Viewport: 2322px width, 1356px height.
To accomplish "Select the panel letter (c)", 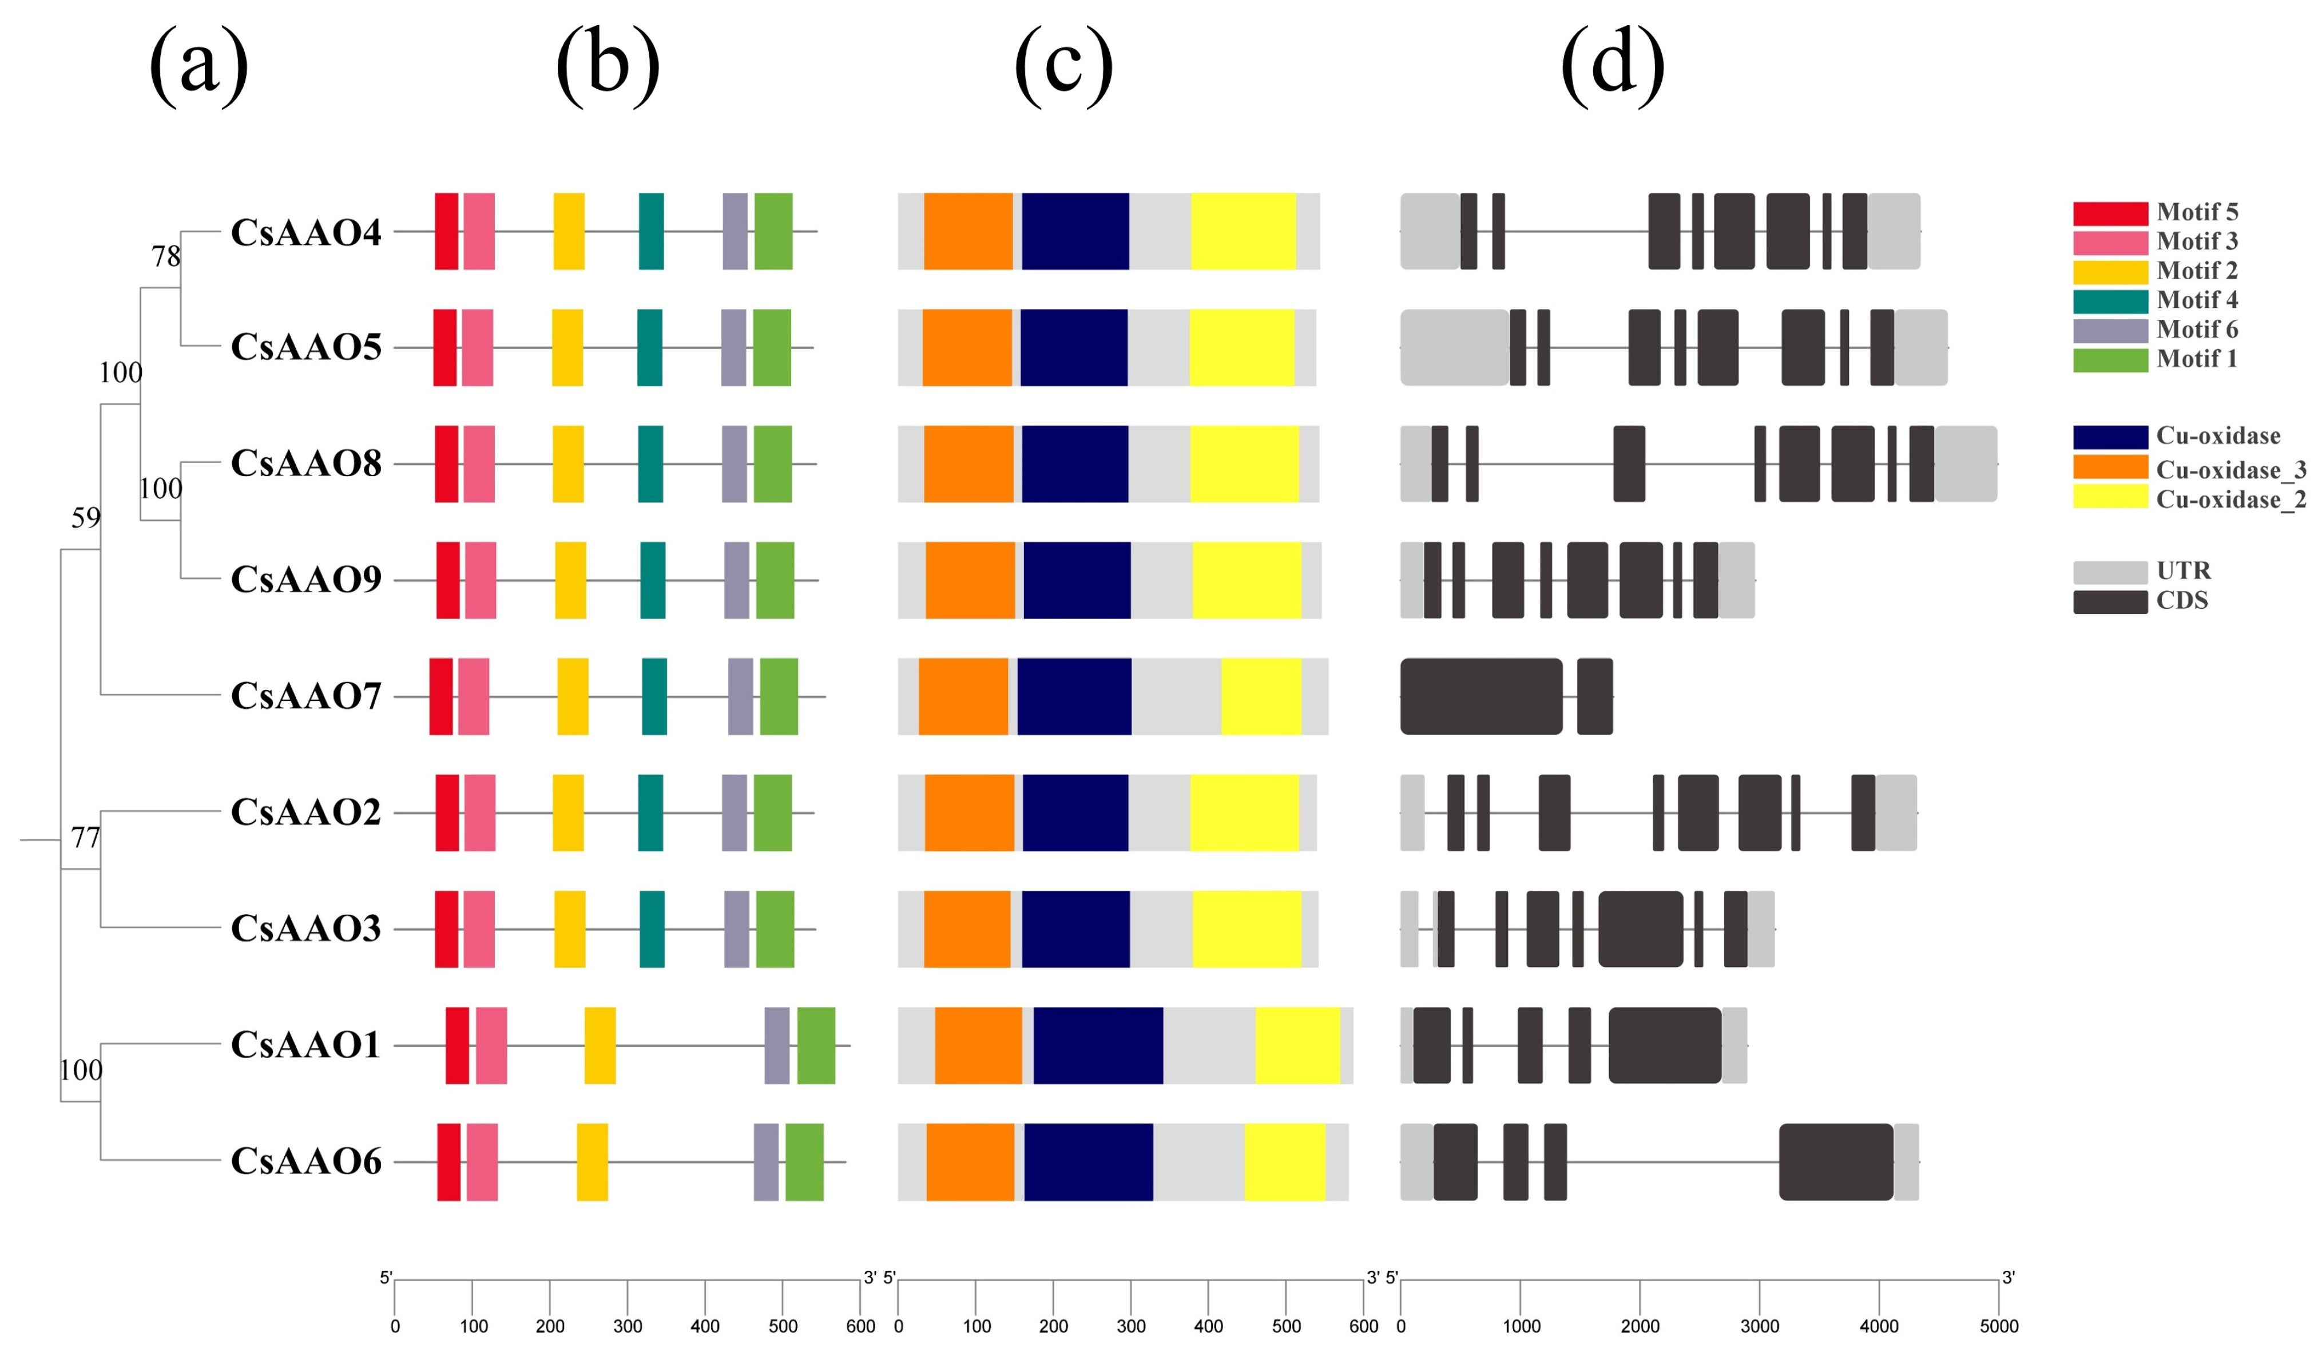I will [x=1063, y=65].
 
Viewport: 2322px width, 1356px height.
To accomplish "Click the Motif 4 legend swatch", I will [x=2110, y=300].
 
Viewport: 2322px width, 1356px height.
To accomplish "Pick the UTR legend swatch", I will [x=2110, y=572].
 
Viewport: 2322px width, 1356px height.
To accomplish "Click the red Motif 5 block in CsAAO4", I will [x=446, y=231].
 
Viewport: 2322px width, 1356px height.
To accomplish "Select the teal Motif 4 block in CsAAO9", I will [x=652, y=580].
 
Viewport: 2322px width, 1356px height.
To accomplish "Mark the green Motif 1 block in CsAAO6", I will [x=804, y=1161].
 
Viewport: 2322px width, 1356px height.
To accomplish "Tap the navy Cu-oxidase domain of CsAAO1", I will [x=1097, y=1045].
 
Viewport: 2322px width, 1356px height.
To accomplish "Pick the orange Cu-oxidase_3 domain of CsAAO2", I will [x=969, y=812].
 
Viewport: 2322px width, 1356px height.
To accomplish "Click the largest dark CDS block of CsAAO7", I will [x=1480, y=696].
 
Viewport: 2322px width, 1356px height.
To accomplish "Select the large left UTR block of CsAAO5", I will [x=1454, y=347].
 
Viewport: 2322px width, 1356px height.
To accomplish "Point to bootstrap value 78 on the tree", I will [x=166, y=256].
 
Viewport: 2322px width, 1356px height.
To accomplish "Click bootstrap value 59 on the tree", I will [x=86, y=518].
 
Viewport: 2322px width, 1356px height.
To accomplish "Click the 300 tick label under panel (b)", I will [x=628, y=1326].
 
